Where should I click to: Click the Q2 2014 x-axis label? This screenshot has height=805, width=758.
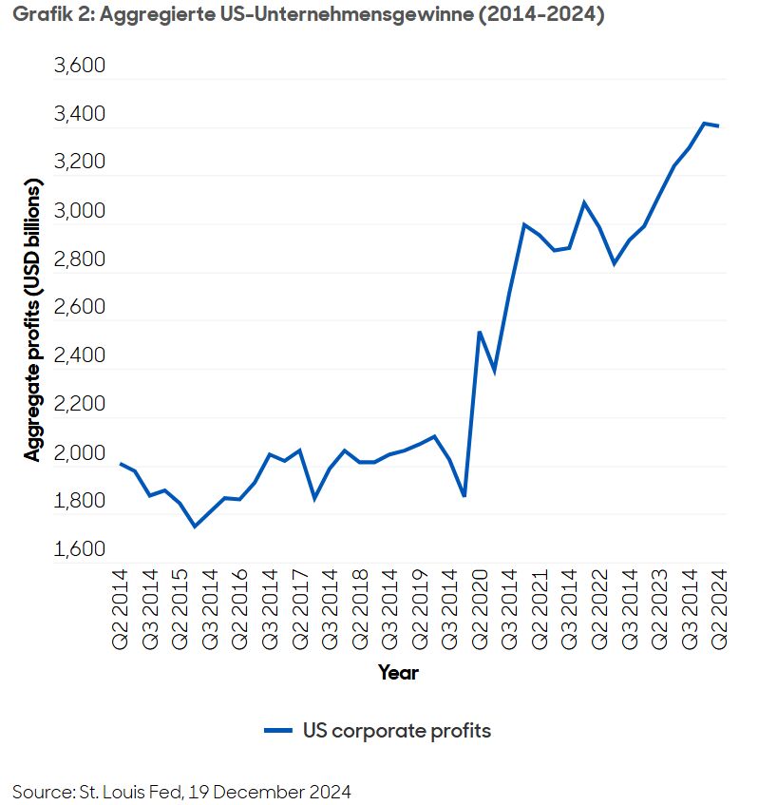click(x=119, y=611)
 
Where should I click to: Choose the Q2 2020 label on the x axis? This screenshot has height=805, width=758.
click(x=480, y=611)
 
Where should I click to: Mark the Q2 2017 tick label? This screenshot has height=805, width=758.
click(x=299, y=611)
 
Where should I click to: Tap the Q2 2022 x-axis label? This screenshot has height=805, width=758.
click(x=599, y=611)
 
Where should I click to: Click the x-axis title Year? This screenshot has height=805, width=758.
click(x=398, y=673)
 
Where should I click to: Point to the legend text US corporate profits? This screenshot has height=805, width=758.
click(x=396, y=730)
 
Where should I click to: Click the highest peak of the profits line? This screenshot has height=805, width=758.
click(x=704, y=124)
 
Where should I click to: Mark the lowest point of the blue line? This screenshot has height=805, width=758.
click(x=195, y=526)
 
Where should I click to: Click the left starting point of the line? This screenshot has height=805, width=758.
click(x=120, y=464)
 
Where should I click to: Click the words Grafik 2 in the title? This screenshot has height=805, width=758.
click(x=45, y=16)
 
